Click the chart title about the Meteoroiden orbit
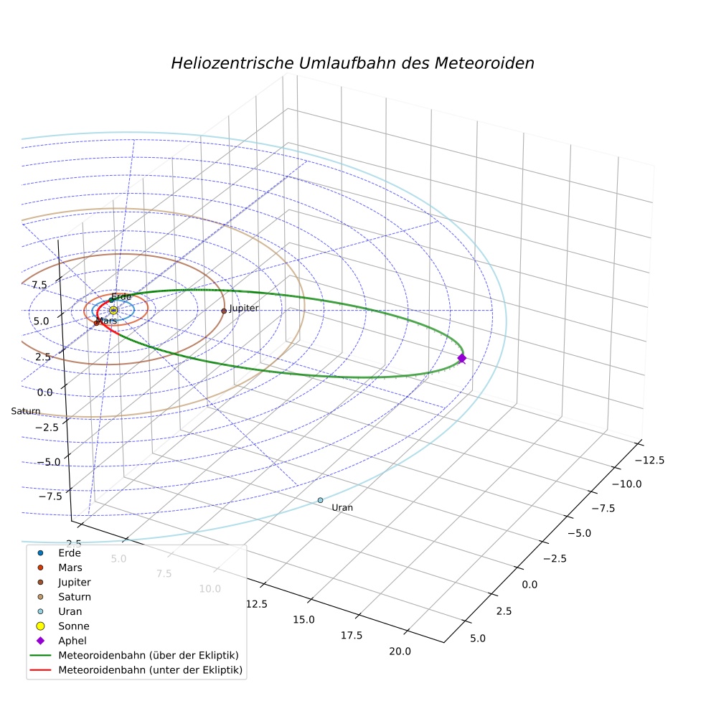click(352, 63)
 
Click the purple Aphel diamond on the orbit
click(461, 359)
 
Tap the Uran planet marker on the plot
click(320, 500)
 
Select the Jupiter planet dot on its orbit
click(224, 311)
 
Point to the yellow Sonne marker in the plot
click(113, 310)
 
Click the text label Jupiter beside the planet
click(244, 309)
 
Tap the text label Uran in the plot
click(342, 508)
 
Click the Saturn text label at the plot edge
click(26, 411)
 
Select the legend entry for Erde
click(60, 553)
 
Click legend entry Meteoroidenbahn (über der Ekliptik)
click(134, 655)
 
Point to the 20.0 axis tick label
click(400, 651)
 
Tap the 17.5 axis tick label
click(351, 635)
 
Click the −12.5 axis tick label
click(649, 460)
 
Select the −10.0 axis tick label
click(627, 484)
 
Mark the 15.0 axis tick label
click(304, 620)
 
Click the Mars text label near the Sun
click(107, 321)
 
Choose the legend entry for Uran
click(60, 611)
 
